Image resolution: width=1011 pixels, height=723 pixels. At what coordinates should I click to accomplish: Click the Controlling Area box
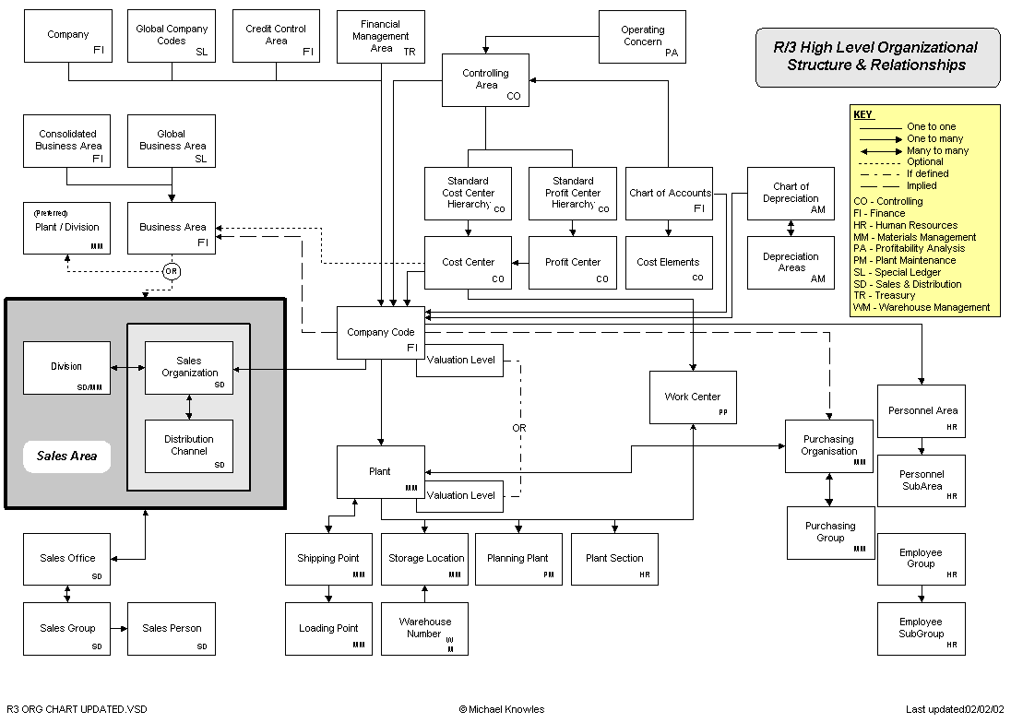click(x=486, y=80)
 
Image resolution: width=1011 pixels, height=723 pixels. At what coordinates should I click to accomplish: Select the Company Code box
click(x=380, y=333)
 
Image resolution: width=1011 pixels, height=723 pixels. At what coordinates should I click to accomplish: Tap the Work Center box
click(x=693, y=397)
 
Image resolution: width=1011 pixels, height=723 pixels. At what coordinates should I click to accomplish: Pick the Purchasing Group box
click(x=830, y=532)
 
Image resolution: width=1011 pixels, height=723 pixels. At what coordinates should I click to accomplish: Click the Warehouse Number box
click(x=424, y=629)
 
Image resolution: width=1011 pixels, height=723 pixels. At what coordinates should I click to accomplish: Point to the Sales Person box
click(x=172, y=629)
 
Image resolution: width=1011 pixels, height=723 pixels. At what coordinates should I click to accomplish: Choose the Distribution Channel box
click(x=189, y=445)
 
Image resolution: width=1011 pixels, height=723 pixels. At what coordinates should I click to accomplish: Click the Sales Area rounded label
click(x=67, y=456)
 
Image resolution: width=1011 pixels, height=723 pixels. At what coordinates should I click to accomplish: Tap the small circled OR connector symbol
click(x=171, y=271)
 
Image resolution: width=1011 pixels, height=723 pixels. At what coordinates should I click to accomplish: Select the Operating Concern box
click(x=643, y=37)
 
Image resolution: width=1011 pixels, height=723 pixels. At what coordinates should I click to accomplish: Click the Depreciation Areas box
click(x=791, y=263)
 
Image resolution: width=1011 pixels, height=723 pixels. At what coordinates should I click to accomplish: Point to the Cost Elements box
click(x=669, y=263)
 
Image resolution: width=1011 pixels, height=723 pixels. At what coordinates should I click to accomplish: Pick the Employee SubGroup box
click(x=921, y=629)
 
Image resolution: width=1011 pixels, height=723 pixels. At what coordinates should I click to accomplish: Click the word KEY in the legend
click(x=862, y=115)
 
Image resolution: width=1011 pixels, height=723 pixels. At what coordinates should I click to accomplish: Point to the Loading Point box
click(x=328, y=629)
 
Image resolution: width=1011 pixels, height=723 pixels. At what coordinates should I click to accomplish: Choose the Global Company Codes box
click(x=172, y=36)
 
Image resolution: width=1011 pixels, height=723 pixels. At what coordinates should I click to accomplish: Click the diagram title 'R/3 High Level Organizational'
click(x=875, y=48)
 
